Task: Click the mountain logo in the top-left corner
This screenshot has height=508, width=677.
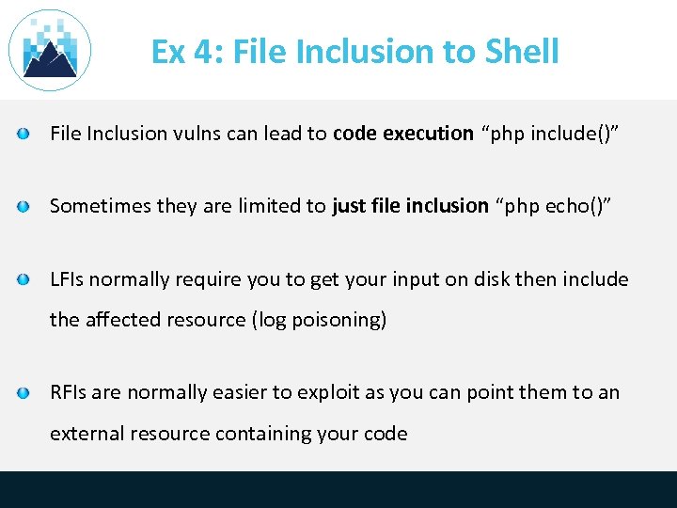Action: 49,51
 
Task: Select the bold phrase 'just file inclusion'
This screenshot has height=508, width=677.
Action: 410,205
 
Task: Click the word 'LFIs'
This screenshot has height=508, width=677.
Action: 69,279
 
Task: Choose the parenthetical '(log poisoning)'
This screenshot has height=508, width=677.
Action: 319,320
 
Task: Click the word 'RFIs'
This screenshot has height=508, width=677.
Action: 69,392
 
